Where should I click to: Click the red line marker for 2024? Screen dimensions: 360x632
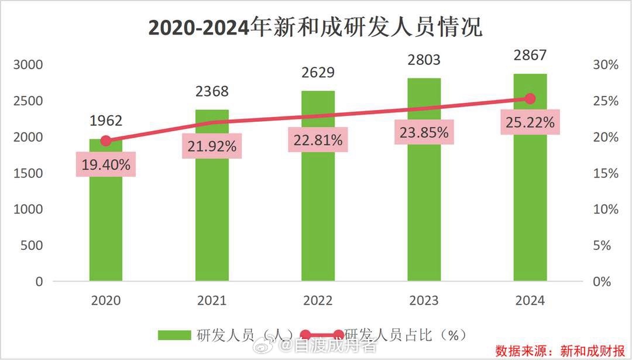click(530, 99)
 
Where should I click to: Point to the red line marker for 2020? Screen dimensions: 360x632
click(106, 140)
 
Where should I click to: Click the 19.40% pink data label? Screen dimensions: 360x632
click(106, 164)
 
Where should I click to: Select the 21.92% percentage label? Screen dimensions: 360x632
click(212, 146)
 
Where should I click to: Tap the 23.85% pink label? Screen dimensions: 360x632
click(424, 132)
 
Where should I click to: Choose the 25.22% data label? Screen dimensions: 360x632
click(530, 123)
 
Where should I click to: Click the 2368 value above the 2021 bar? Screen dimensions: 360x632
click(212, 91)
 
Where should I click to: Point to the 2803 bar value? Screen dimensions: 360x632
click(424, 60)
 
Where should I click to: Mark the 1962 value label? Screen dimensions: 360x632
click(106, 121)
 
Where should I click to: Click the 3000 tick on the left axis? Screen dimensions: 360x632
click(28, 64)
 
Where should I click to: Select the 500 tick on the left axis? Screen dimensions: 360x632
click(32, 245)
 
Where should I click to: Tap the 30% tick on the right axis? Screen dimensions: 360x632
click(606, 65)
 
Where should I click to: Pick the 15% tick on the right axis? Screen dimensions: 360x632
click(606, 173)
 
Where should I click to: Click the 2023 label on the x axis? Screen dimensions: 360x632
click(424, 300)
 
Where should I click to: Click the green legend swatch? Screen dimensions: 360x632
click(174, 335)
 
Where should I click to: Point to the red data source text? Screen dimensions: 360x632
click(559, 351)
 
